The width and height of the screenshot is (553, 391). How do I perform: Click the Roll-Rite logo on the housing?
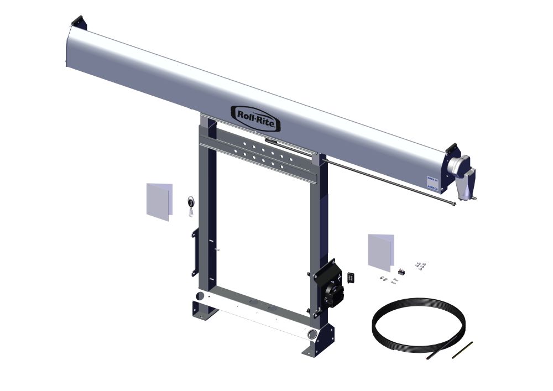tap(255, 117)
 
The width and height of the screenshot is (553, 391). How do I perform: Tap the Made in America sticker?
tap(432, 184)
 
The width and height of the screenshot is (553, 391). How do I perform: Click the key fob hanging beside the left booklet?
tap(191, 203)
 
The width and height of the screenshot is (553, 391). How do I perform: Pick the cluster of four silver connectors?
tap(421, 265)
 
